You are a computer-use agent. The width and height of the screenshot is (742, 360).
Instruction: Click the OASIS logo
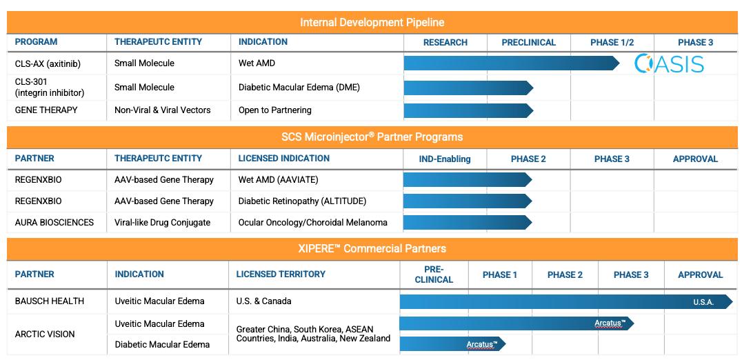click(x=669, y=64)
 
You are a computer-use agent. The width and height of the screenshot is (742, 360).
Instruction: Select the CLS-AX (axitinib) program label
click(x=48, y=64)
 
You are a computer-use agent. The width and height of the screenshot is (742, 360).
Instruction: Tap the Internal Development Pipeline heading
click(x=372, y=22)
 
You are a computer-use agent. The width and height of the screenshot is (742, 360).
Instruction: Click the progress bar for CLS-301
click(x=468, y=88)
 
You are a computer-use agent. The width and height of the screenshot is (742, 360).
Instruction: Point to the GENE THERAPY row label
click(x=46, y=110)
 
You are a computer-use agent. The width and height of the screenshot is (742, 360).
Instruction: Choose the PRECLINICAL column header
click(x=529, y=43)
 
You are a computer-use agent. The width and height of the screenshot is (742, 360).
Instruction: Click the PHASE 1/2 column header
click(x=612, y=43)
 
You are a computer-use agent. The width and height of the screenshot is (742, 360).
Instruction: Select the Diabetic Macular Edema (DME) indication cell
click(x=299, y=88)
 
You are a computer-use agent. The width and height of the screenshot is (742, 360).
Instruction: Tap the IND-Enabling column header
click(x=444, y=159)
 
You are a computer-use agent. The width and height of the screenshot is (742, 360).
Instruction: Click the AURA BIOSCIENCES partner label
click(x=54, y=222)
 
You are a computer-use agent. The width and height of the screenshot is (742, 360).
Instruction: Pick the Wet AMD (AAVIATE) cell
click(x=279, y=180)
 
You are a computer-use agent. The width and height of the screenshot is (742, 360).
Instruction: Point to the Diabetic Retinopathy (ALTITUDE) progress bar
click(x=468, y=201)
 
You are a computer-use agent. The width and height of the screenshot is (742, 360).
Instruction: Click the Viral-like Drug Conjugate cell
click(x=162, y=222)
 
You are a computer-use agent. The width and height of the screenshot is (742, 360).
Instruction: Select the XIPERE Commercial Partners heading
click(x=371, y=248)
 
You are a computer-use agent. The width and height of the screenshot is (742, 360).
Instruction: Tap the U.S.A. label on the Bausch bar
click(x=703, y=302)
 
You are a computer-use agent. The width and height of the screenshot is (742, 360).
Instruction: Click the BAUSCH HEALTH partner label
click(x=49, y=301)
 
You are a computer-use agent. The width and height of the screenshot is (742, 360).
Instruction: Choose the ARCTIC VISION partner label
click(x=45, y=334)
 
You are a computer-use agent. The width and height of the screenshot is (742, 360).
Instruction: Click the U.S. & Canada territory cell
click(x=263, y=301)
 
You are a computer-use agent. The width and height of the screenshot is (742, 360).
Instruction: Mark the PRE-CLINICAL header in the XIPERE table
click(x=434, y=274)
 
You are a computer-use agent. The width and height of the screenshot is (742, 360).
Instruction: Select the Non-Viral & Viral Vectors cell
click(x=162, y=110)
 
